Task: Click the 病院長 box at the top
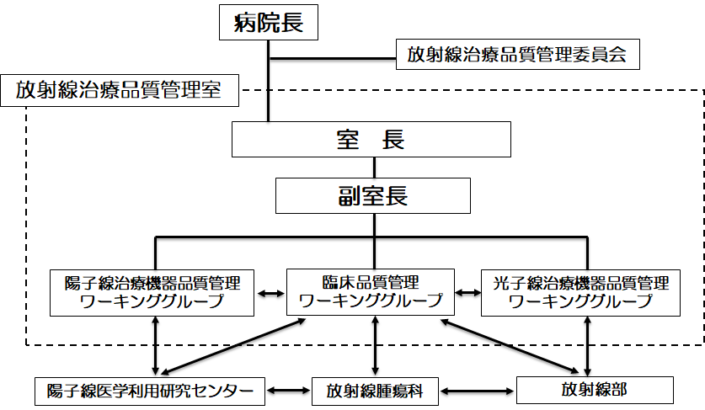click(x=268, y=24)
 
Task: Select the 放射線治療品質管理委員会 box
click(x=517, y=56)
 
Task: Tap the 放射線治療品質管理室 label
click(x=119, y=90)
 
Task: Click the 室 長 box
click(x=371, y=140)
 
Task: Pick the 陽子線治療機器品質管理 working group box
click(x=152, y=292)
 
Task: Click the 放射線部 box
click(x=594, y=390)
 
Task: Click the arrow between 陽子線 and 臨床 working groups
click(x=270, y=293)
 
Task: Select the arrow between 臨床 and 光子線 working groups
click(x=467, y=293)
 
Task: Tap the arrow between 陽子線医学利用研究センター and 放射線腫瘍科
click(x=288, y=391)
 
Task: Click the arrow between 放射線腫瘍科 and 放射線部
click(x=478, y=391)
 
